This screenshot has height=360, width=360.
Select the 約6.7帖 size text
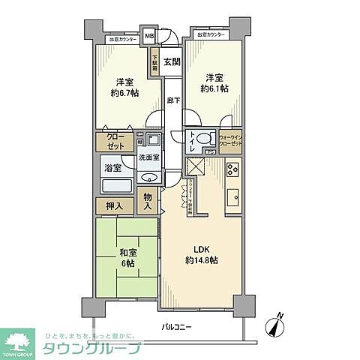point(124,95)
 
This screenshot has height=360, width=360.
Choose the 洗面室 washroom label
point(150,158)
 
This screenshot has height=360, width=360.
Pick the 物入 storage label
point(148,201)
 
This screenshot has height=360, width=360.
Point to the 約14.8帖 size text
point(202,260)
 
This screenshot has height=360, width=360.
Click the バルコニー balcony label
point(181,328)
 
